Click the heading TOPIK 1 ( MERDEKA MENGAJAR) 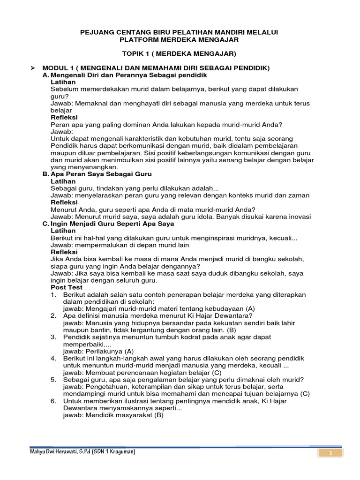pos(180,53)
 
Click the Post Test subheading pos(66,287)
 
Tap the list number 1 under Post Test pos(53,294)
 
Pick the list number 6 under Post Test pos(53,401)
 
